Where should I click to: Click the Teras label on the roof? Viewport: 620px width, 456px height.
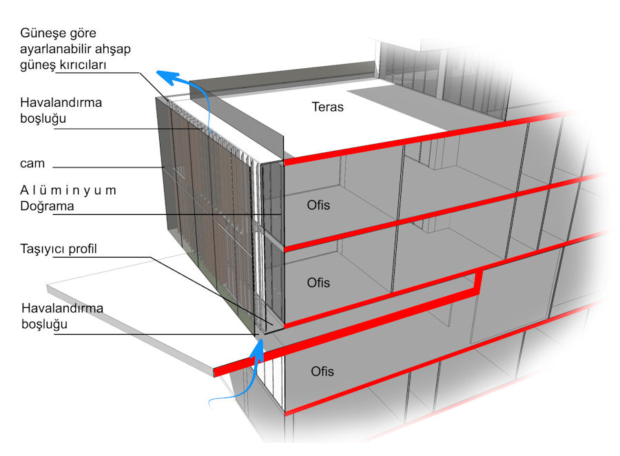(327, 107)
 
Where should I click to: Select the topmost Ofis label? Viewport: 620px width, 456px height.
(318, 205)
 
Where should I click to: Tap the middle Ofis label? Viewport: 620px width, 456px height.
(318, 282)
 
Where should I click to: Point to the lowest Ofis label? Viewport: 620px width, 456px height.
(322, 371)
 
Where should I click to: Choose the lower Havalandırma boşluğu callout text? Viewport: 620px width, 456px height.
(62, 316)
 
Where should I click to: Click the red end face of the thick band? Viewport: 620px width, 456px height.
(216, 371)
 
